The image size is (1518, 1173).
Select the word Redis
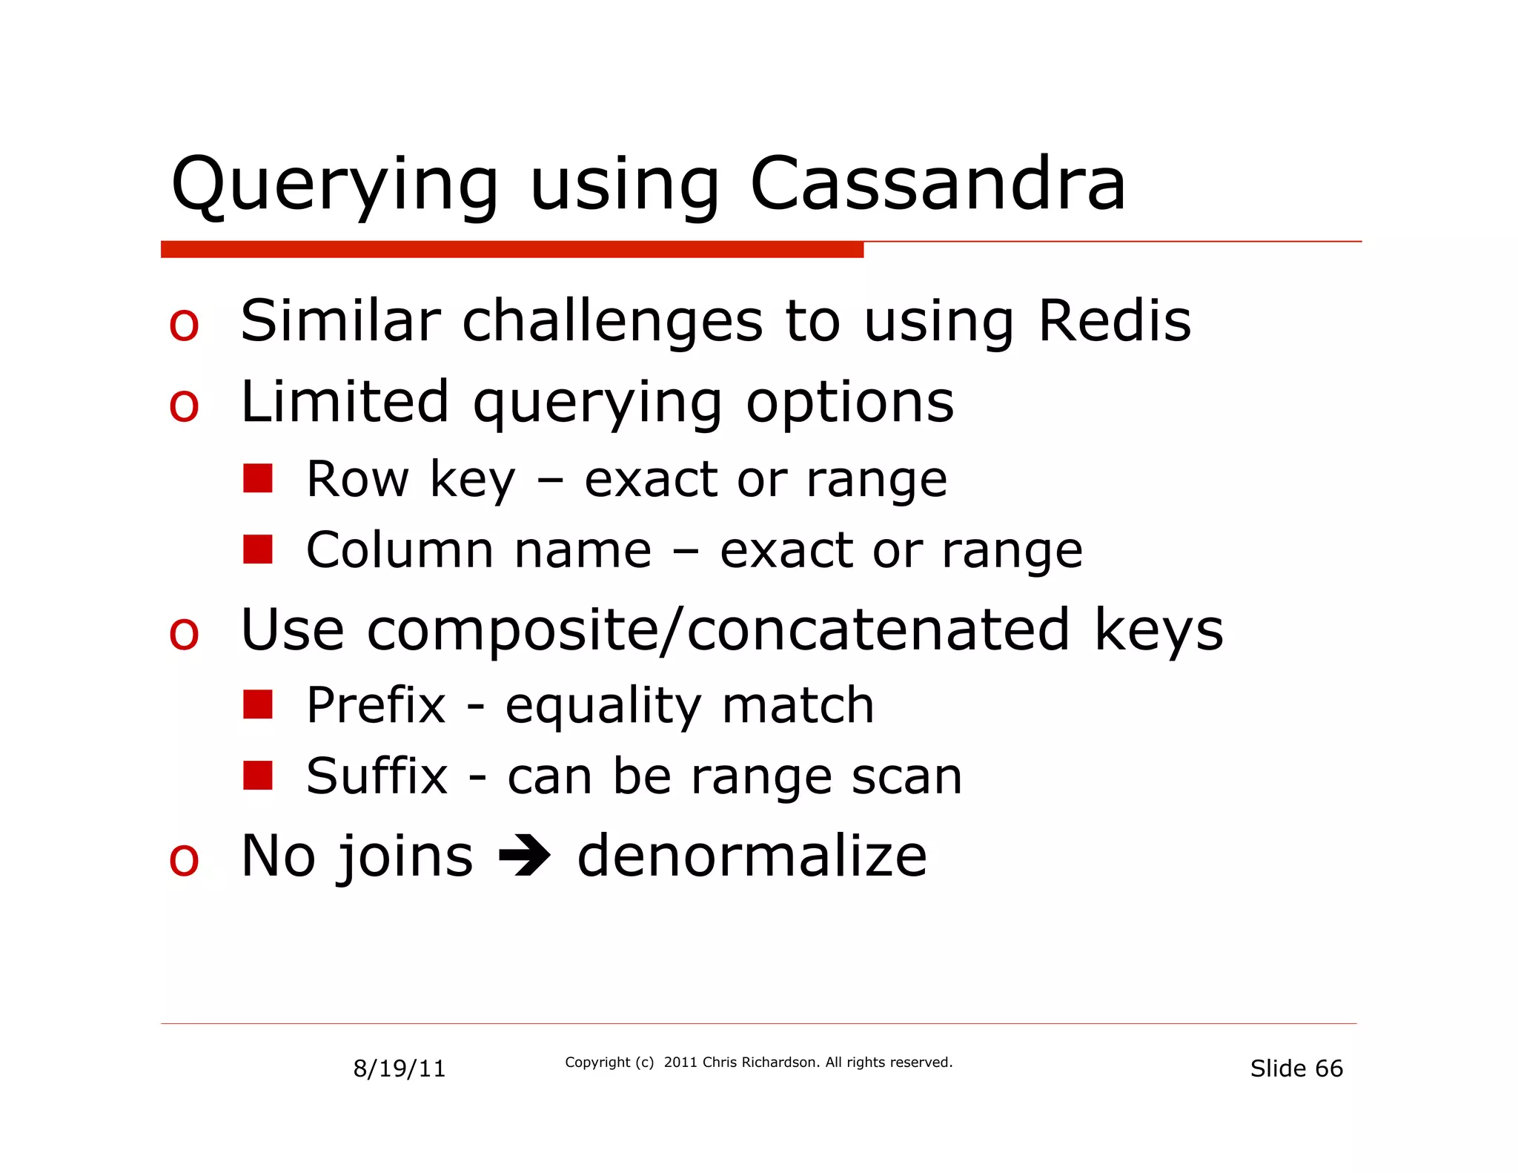pyautogui.click(x=1114, y=322)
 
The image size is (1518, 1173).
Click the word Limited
pyautogui.click(x=345, y=402)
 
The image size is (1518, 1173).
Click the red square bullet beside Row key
pyautogui.click(x=258, y=479)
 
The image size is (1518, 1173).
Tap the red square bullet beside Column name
pyautogui.click(x=258, y=549)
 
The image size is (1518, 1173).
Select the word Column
pyautogui.click(x=400, y=550)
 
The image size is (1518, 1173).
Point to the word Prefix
pyautogui.click(x=376, y=705)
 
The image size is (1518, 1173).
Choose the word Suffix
pyautogui.click(x=377, y=776)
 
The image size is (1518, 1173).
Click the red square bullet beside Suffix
pyautogui.click(x=258, y=776)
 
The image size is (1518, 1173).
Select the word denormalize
pyautogui.click(x=752, y=856)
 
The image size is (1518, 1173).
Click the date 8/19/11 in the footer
pyautogui.click(x=400, y=1068)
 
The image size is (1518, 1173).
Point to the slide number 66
pyautogui.click(x=1328, y=1068)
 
